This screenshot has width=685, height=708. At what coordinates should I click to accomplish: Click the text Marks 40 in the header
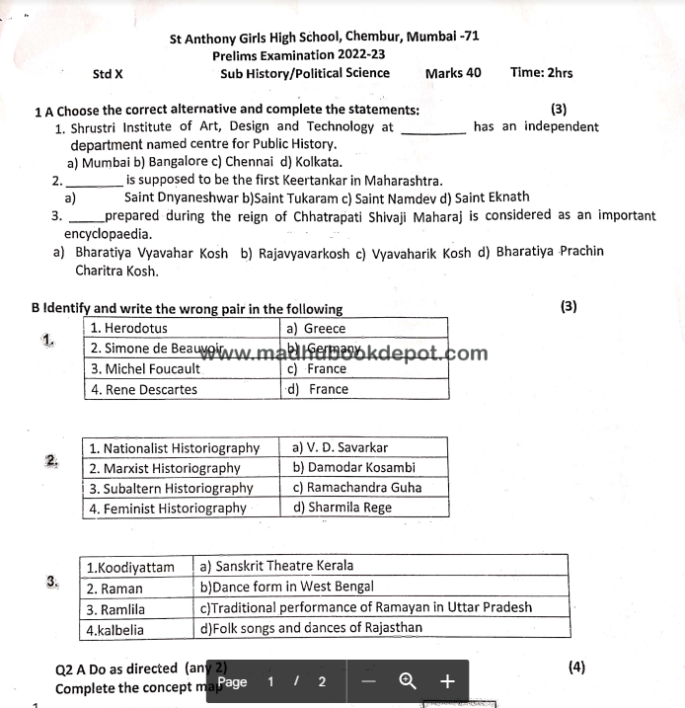(x=453, y=72)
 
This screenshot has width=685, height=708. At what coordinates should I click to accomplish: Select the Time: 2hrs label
(x=541, y=72)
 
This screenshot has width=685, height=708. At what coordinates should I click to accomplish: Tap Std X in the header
(x=108, y=73)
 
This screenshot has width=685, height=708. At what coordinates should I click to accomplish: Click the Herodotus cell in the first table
(x=129, y=328)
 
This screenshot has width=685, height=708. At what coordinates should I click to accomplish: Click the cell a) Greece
(x=316, y=328)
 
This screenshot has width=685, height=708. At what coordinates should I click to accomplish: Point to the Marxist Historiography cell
(x=165, y=468)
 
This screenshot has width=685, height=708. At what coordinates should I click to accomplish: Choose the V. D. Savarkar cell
(x=341, y=447)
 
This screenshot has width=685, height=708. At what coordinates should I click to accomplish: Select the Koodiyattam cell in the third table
(x=130, y=567)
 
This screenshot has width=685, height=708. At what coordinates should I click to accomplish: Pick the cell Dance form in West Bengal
(x=286, y=587)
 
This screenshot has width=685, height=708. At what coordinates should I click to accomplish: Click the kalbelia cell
(x=115, y=628)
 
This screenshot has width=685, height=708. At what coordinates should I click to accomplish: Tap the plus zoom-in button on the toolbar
(x=446, y=681)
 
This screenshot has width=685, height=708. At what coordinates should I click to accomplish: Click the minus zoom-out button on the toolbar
(x=368, y=681)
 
